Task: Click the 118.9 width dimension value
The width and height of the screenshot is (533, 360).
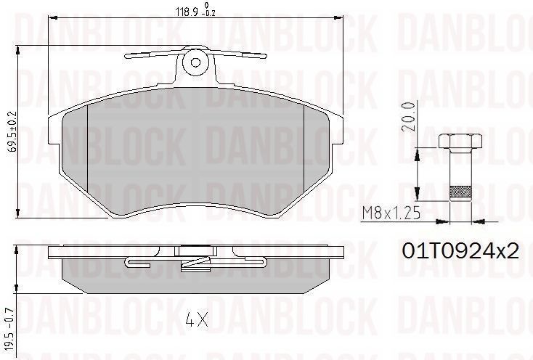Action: point(187,12)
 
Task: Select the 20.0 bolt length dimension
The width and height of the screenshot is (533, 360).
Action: point(410,116)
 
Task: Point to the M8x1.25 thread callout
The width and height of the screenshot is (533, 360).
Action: point(391,213)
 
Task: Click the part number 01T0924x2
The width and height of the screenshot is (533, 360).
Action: point(461,251)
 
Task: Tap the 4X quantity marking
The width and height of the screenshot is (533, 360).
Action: point(197,319)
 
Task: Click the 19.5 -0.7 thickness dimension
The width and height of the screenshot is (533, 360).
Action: point(9,330)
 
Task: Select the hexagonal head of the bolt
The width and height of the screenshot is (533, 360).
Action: point(460,141)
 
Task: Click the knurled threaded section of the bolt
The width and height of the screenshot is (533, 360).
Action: point(460,192)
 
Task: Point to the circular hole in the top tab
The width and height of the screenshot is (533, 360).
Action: point(195,62)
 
